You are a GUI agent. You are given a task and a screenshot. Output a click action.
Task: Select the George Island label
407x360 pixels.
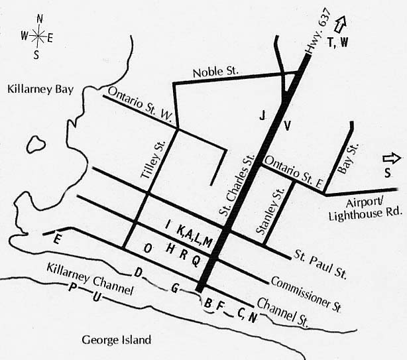tap(116, 340)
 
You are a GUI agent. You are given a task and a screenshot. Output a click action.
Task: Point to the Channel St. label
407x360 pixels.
tap(284, 314)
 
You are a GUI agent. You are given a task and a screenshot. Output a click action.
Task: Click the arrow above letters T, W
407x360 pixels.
tap(341, 25)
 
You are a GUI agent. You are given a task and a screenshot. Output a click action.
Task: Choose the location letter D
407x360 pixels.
tap(139, 272)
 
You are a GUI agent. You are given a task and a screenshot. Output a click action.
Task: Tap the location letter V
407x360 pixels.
tap(287, 125)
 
